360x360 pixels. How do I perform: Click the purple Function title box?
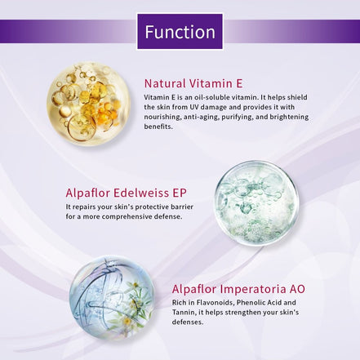coord(180,32)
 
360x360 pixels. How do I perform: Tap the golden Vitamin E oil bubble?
coord(88,104)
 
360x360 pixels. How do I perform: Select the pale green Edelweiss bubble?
coord(255,202)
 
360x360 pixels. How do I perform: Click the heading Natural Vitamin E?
coord(193,82)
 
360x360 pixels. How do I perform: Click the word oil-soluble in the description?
coord(211,97)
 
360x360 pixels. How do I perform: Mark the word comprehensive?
coord(127,217)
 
